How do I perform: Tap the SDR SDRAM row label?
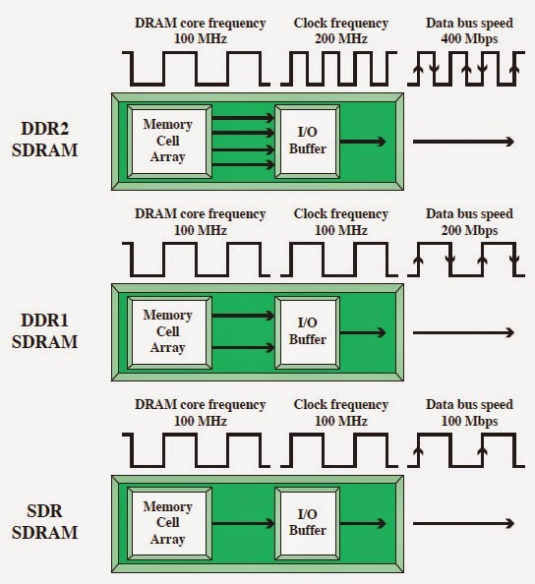point(45,522)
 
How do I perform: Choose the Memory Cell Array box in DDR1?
point(167,332)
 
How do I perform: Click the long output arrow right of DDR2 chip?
point(462,143)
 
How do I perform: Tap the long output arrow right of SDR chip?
point(462,523)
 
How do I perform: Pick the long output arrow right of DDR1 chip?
point(462,333)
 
